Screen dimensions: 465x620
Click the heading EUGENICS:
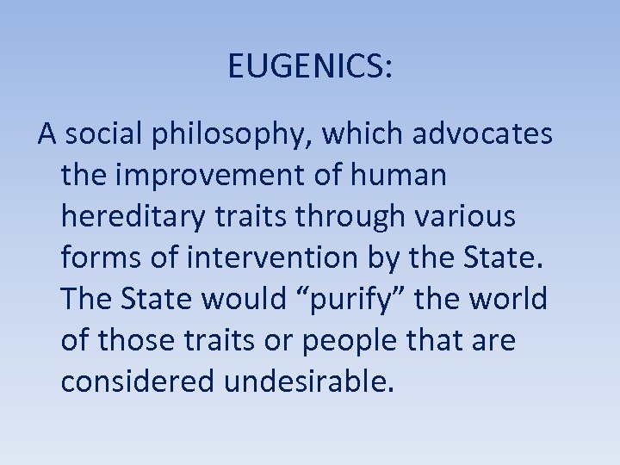(310, 65)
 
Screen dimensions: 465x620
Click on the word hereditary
(132, 218)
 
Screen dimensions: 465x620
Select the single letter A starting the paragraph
(46, 135)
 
